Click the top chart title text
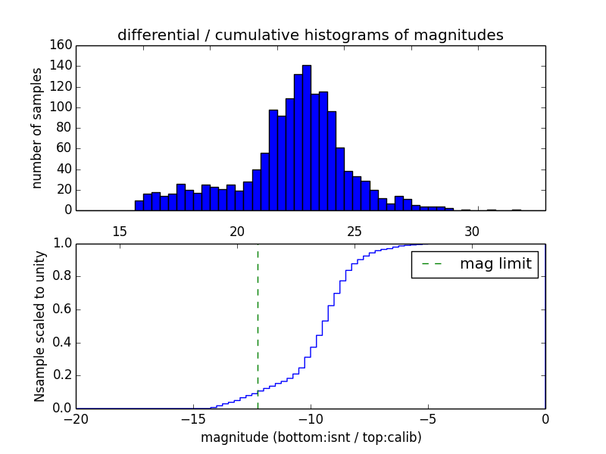pos(310,35)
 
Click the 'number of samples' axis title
pos(36,128)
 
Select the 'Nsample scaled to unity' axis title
pos(39,325)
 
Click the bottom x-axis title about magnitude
pos(311,437)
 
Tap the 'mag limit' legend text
pos(495,264)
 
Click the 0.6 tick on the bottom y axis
pos(62,309)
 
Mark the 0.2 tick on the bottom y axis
pos(62,375)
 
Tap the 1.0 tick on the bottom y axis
pos(62,244)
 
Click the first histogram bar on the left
pos(139,205)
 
